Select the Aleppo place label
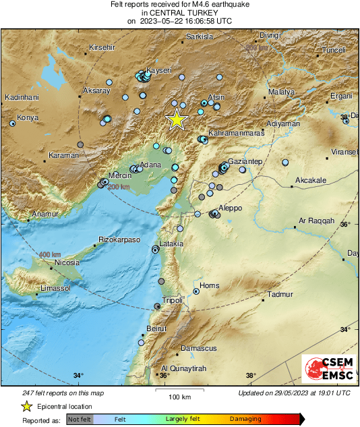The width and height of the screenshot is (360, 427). (x=230, y=208)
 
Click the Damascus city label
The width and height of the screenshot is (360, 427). (x=199, y=348)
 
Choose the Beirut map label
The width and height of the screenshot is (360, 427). (x=156, y=329)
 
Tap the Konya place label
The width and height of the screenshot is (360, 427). (x=28, y=117)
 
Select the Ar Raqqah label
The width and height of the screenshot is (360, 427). (x=317, y=221)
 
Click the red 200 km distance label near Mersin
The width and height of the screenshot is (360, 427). (x=119, y=187)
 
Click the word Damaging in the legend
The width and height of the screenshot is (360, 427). (x=245, y=419)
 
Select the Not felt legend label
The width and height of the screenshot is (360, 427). (x=80, y=419)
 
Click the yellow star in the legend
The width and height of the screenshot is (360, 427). (x=27, y=406)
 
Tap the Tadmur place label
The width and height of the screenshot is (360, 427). (x=280, y=295)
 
